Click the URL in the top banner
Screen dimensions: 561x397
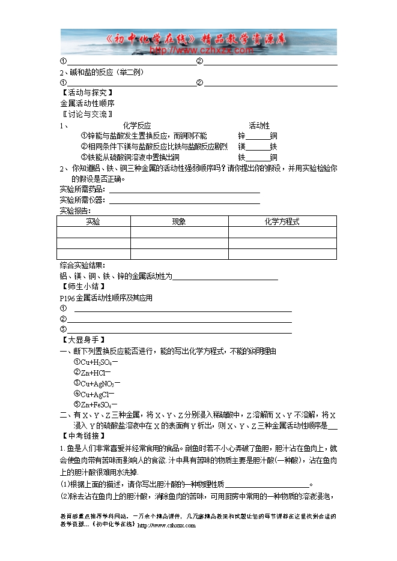(190, 50)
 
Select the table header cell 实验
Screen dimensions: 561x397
(93, 222)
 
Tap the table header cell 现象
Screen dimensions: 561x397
(179, 222)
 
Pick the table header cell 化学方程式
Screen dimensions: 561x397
(282, 222)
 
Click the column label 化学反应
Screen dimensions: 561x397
(137, 125)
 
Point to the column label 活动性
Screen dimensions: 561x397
(259, 125)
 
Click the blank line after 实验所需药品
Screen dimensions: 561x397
(184, 191)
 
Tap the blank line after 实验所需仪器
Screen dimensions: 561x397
(184, 202)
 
